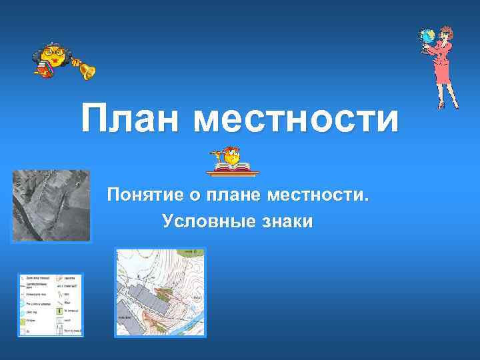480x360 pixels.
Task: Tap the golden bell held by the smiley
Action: click(x=86, y=69)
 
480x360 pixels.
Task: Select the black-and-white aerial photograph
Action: click(x=51, y=205)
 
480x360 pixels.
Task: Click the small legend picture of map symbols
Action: click(x=51, y=304)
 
